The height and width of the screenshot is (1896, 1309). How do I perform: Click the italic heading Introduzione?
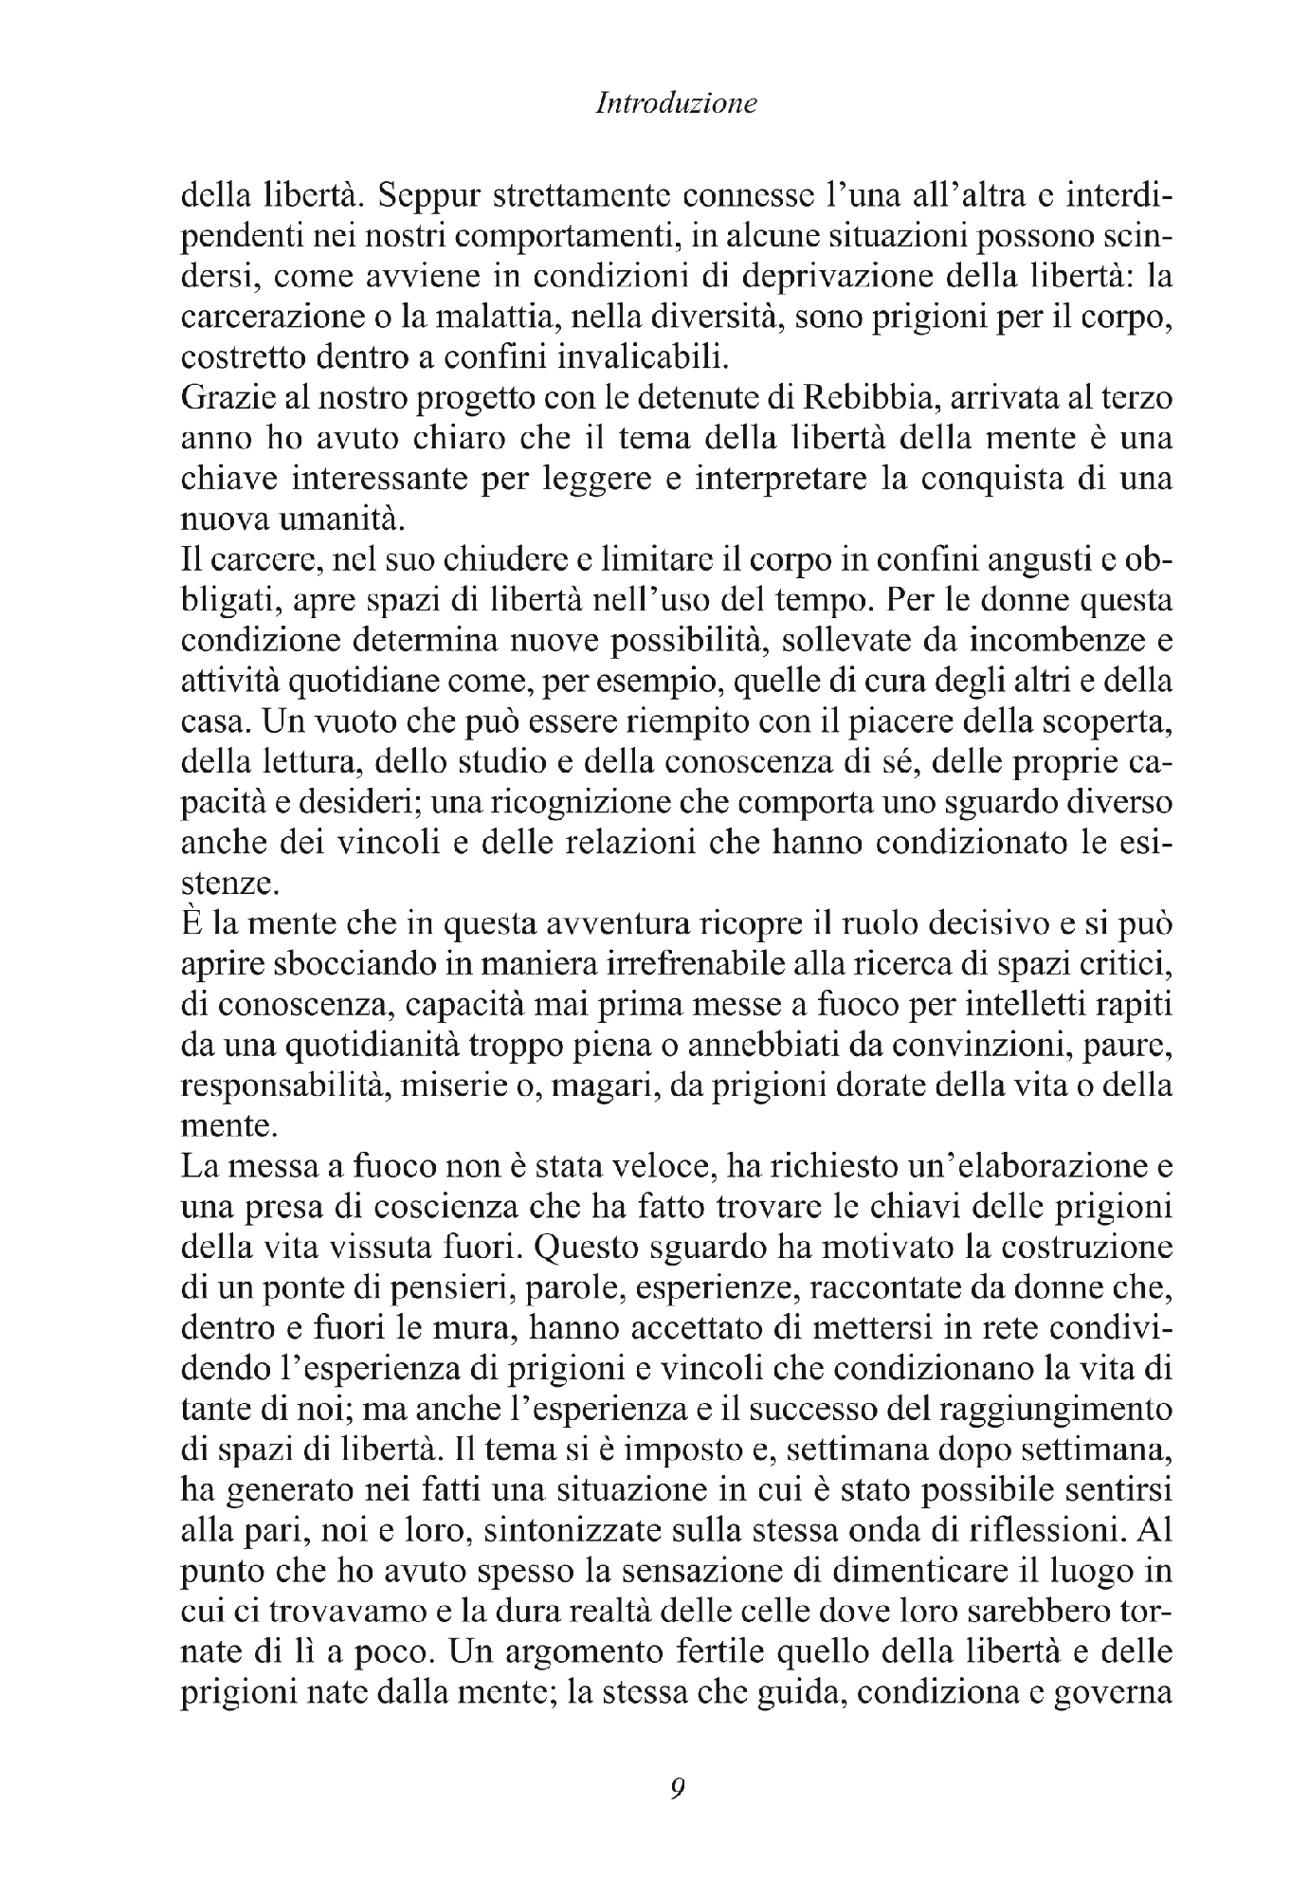676,103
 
